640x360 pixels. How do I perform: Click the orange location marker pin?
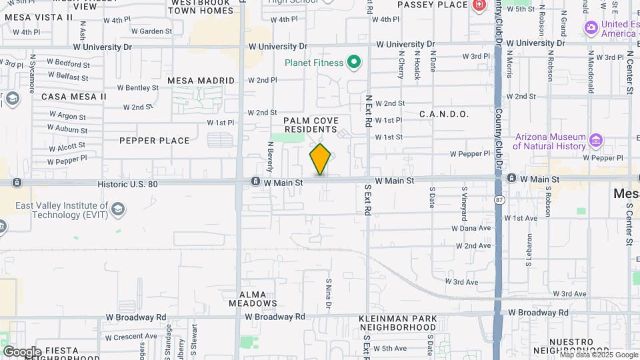click(320, 159)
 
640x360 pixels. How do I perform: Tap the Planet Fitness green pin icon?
click(355, 63)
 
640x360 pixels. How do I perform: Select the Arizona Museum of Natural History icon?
click(596, 141)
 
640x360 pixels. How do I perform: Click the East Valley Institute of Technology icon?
click(117, 209)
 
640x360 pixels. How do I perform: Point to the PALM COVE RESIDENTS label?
click(311, 125)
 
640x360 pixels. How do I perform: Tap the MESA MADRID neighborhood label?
click(201, 81)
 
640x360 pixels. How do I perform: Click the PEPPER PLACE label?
click(155, 141)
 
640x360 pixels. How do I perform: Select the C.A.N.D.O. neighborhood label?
click(444, 114)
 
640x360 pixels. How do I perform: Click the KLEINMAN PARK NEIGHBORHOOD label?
click(398, 323)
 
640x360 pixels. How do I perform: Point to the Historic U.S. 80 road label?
click(127, 183)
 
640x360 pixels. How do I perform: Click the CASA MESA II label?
click(73, 97)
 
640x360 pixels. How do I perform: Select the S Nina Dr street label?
click(328, 294)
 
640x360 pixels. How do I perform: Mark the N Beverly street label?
click(271, 155)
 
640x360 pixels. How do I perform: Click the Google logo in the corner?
click(22, 351)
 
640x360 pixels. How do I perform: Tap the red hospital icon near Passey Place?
click(479, 5)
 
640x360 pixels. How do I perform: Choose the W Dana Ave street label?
click(472, 228)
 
